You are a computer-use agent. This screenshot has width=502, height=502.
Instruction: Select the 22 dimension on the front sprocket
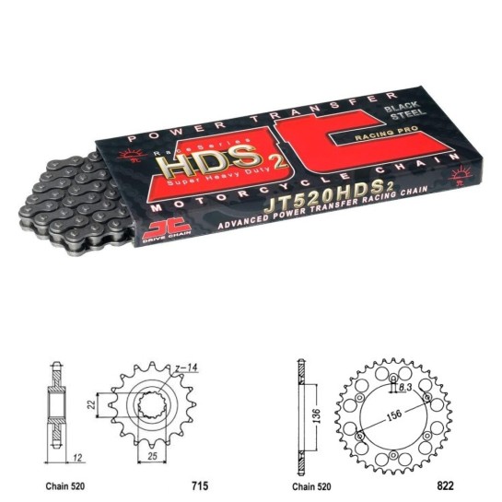92,404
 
